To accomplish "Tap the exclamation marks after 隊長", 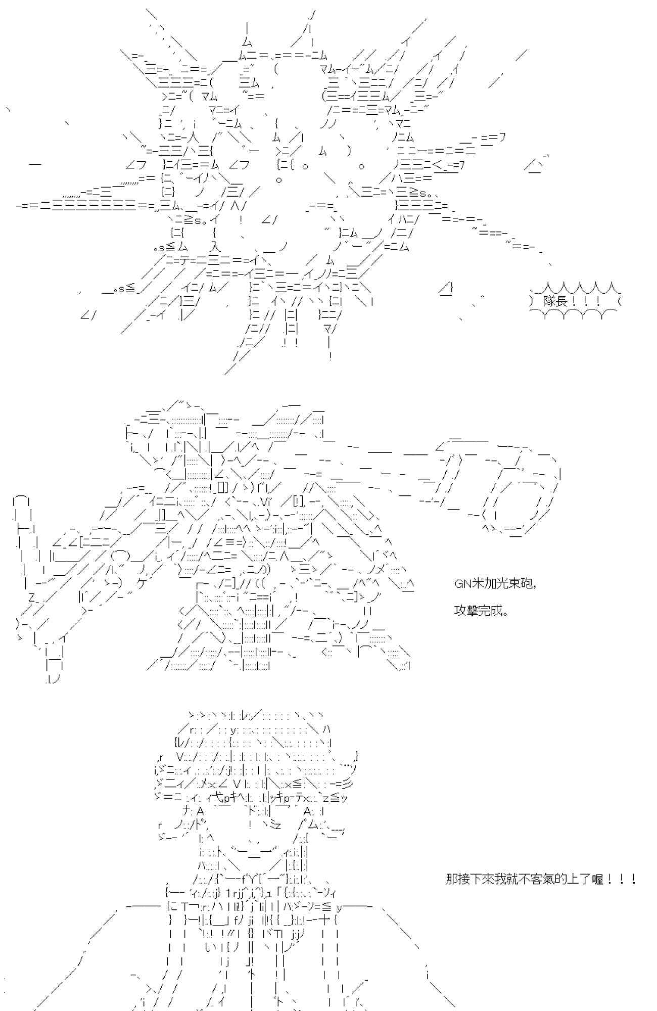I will point(587,301).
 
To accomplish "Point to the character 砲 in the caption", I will point(526,584).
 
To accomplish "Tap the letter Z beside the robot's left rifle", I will point(31,598).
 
